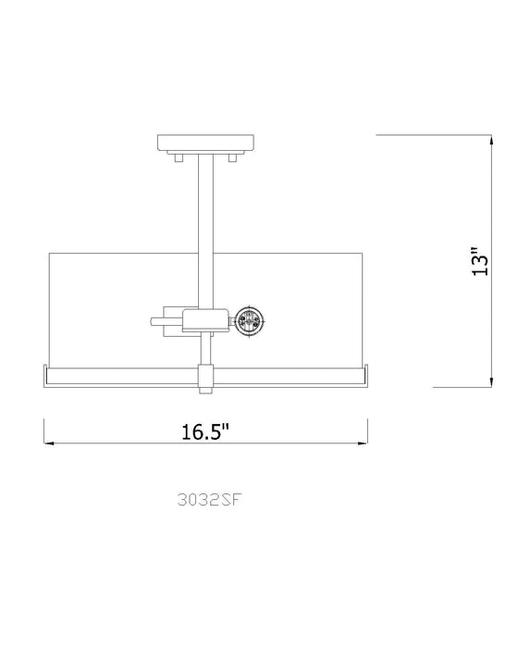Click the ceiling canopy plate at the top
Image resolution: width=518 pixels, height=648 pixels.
coord(205,145)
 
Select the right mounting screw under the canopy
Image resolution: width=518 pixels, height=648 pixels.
coord(234,159)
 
